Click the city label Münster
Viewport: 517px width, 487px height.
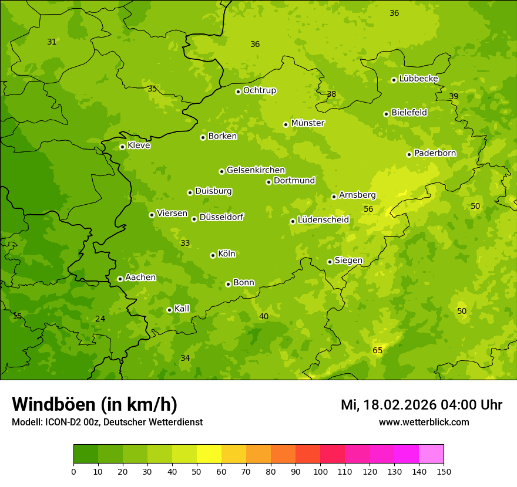click(307, 123)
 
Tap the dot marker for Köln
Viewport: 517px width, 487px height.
click(213, 255)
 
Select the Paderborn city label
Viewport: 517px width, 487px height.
click(435, 153)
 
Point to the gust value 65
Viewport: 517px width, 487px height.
click(377, 350)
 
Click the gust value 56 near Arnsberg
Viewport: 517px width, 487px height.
click(368, 209)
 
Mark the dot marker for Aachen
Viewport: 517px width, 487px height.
click(120, 279)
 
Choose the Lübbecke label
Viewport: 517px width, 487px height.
click(418, 79)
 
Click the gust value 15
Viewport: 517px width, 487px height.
click(17, 316)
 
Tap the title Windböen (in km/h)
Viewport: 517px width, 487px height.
click(95, 404)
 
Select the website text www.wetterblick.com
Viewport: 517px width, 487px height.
click(424, 422)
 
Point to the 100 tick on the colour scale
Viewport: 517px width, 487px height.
click(320, 471)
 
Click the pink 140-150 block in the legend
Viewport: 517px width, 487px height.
click(431, 454)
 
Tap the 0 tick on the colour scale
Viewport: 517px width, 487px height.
click(73, 471)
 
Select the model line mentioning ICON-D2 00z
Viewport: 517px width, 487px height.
click(107, 422)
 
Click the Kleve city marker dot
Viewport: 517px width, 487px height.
click(122, 147)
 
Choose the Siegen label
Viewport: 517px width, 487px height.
click(348, 261)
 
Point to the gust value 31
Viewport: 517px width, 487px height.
click(52, 42)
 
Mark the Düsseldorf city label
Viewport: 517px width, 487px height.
click(221, 217)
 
